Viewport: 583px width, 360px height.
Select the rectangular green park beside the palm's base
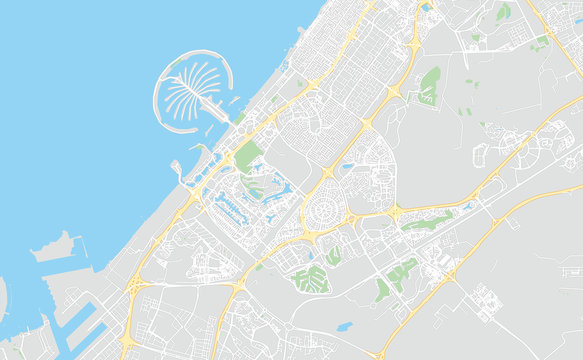(x=247, y=155)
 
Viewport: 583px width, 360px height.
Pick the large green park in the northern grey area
(x=430, y=85)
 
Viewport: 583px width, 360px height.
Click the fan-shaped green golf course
(x=311, y=279)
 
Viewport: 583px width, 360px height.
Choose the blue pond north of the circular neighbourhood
(x=347, y=166)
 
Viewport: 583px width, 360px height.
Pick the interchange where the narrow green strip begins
(x=395, y=212)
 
